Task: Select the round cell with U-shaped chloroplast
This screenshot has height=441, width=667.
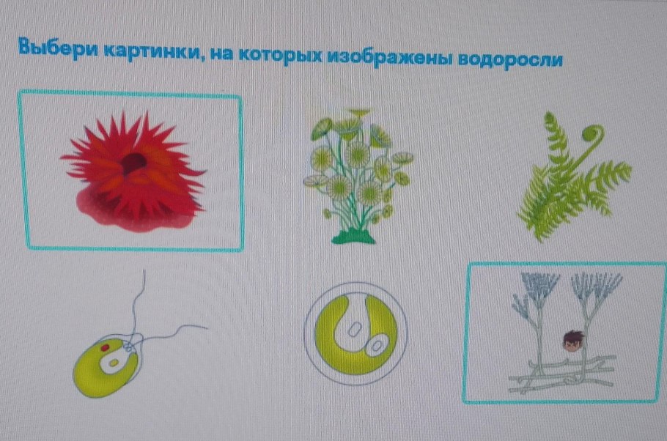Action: pos(357,333)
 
